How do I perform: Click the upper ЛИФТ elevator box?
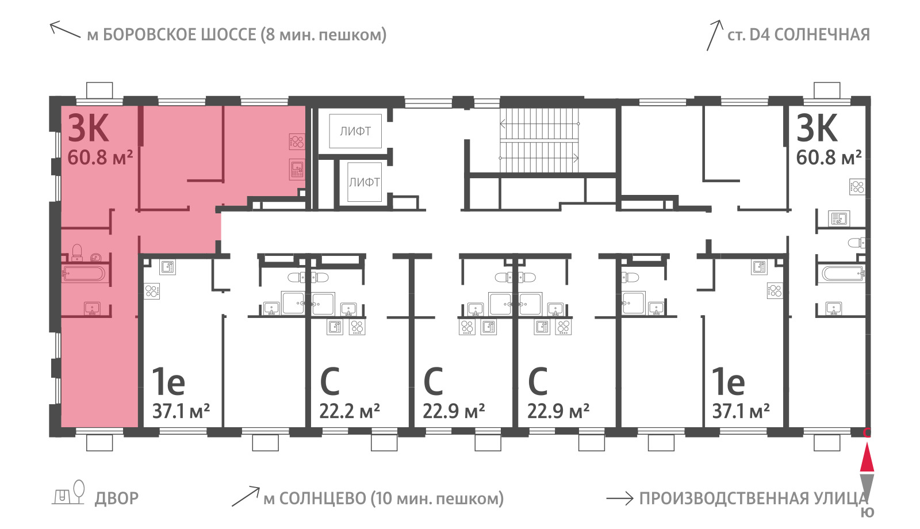click(355, 131)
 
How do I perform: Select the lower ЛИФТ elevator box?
click(365, 182)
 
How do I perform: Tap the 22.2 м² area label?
click(350, 411)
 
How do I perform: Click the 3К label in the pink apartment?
click(89, 128)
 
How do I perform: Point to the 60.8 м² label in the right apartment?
click(829, 158)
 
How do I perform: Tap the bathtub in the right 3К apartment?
click(843, 274)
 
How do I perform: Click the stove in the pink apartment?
click(297, 141)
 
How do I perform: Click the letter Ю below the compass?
click(868, 512)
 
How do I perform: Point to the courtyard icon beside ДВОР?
click(68, 493)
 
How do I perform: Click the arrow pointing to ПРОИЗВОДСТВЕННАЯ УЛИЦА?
click(620, 499)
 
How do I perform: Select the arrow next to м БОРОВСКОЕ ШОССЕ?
click(65, 29)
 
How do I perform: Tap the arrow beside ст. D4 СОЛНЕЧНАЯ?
click(714, 35)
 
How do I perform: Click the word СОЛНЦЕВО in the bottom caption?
click(323, 499)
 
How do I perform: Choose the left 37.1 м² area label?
click(181, 411)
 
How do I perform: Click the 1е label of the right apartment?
click(728, 381)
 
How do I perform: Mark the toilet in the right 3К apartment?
click(856, 243)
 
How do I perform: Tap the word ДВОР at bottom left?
click(117, 499)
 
